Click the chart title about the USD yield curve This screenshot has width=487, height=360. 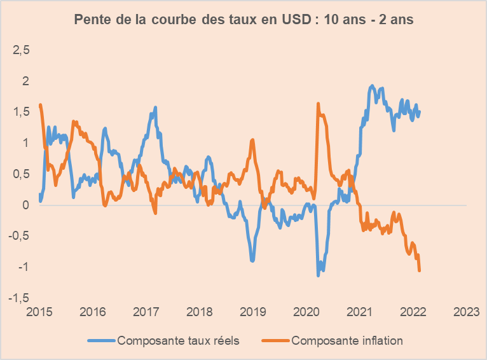coord(243,20)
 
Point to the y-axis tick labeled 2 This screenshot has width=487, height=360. coord(25,81)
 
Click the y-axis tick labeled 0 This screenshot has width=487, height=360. coord(25,205)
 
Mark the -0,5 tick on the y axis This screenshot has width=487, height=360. coord(19,236)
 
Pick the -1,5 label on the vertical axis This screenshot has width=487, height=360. coord(19,298)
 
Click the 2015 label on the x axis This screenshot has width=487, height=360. coord(39,312)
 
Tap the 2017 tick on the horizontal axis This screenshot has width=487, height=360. coord(146,312)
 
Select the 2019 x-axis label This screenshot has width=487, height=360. coord(253,312)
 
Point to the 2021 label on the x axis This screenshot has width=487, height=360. coord(360,312)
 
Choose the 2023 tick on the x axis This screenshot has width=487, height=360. coord(466,312)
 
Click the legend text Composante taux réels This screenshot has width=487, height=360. coord(178,340)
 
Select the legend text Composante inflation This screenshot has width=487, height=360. coord(347,340)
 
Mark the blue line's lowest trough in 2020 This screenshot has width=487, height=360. coord(319,275)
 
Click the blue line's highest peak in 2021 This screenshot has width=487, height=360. coord(371,86)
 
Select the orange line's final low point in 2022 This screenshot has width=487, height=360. coord(420,271)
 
